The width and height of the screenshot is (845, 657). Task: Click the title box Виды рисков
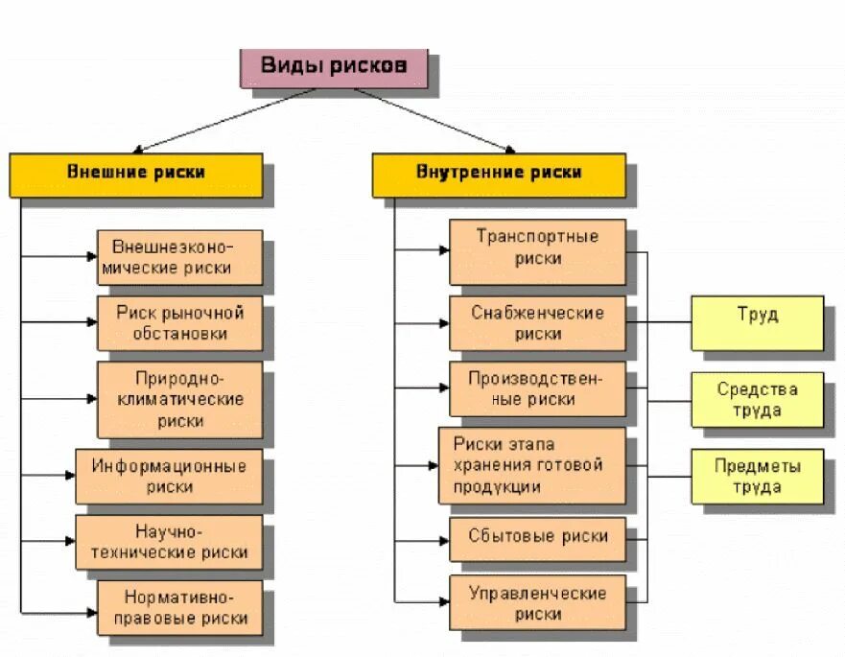pyautogui.click(x=335, y=66)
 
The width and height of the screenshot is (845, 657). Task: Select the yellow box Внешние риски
pyautogui.click(x=136, y=174)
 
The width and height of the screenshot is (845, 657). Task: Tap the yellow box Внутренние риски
pyautogui.click(x=499, y=174)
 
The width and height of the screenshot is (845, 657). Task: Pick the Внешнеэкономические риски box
pyautogui.click(x=179, y=256)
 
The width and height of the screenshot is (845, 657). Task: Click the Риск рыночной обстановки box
pyautogui.click(x=179, y=322)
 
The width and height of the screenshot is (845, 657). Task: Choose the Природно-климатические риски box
pyautogui.click(x=179, y=398)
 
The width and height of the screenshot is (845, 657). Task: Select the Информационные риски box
pyautogui.click(x=169, y=476)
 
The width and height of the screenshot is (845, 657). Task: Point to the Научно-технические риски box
pyautogui.click(x=169, y=542)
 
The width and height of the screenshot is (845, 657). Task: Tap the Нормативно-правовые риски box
pyautogui.click(x=179, y=607)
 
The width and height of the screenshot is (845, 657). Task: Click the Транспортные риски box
pyautogui.click(x=537, y=248)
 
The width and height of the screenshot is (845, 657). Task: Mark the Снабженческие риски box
pyautogui.click(x=537, y=323)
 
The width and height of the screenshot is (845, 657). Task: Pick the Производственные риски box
pyautogui.click(x=537, y=388)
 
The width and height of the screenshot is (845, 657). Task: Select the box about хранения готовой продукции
pyautogui.click(x=532, y=465)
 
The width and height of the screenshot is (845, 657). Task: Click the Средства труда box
pyautogui.click(x=757, y=399)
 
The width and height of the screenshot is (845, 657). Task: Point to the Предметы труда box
pyautogui.click(x=757, y=476)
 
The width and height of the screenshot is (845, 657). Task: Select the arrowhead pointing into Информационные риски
pyautogui.click(x=69, y=475)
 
